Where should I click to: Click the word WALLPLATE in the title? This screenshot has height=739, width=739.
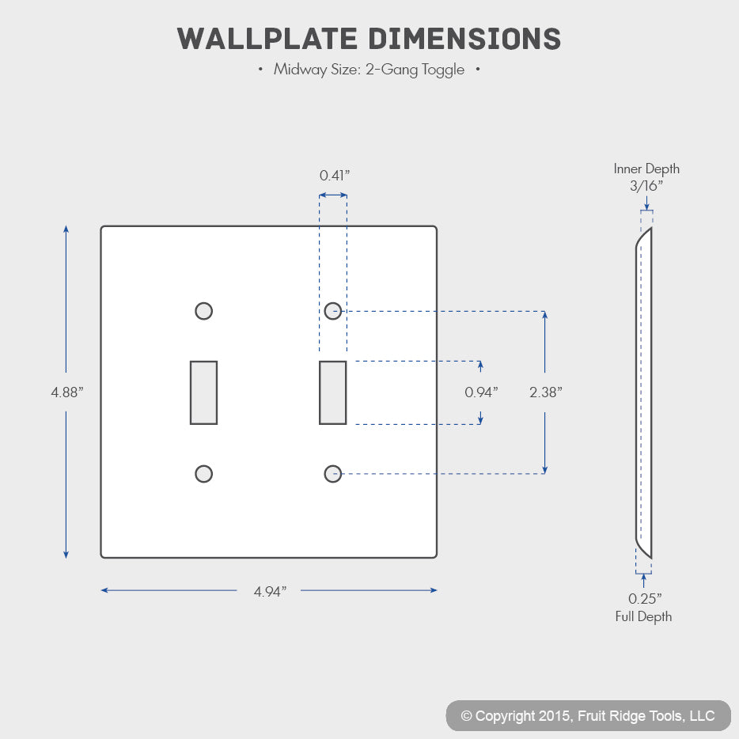[267, 39]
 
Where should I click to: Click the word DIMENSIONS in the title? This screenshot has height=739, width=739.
[464, 39]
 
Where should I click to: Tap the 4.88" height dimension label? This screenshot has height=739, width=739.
[67, 392]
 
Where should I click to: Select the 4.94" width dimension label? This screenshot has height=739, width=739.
[270, 591]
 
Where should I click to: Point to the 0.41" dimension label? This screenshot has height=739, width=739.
[335, 176]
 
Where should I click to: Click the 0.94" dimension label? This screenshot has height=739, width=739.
[481, 392]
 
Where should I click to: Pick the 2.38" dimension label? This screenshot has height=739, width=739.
[546, 392]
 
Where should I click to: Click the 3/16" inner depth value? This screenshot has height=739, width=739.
[646, 186]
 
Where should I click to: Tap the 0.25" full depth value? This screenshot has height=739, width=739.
[645, 598]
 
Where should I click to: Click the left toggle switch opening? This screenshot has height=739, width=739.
[203, 392]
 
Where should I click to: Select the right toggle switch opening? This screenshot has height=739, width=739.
[333, 392]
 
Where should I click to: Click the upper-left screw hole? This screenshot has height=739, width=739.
[203, 311]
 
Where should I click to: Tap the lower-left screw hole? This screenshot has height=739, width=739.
[203, 474]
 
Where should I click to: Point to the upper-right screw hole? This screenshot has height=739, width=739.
[333, 311]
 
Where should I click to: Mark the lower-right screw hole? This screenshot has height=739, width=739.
[333, 474]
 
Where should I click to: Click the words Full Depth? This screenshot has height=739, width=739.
[643, 616]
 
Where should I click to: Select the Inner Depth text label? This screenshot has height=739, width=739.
[646, 169]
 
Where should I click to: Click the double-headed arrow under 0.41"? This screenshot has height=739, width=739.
[333, 195]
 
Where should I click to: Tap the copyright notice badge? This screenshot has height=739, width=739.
[588, 715]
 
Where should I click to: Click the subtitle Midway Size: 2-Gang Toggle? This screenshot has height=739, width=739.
[369, 70]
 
